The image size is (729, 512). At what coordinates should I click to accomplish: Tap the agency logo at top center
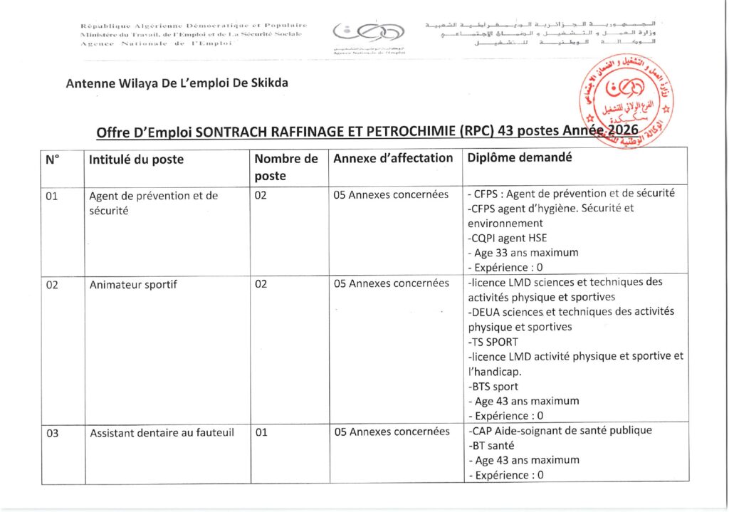click(369, 34)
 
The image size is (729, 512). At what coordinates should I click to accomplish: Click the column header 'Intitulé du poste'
click(137, 160)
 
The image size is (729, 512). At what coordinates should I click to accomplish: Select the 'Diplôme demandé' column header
click(519, 157)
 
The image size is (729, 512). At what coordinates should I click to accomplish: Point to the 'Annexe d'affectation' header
click(393, 158)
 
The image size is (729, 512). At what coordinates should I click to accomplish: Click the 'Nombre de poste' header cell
click(286, 167)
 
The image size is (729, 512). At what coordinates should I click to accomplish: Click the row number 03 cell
click(51, 432)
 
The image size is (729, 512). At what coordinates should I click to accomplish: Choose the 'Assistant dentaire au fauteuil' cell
click(162, 432)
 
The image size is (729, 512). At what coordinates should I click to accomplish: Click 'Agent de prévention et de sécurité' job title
click(153, 203)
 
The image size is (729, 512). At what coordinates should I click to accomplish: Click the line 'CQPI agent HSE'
click(507, 238)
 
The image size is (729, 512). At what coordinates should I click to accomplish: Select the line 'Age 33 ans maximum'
click(523, 252)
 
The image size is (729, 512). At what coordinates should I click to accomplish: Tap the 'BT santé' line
click(492, 446)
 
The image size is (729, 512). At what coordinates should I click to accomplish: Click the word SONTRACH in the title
click(229, 132)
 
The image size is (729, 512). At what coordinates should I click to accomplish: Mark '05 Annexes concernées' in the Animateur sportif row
click(392, 283)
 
